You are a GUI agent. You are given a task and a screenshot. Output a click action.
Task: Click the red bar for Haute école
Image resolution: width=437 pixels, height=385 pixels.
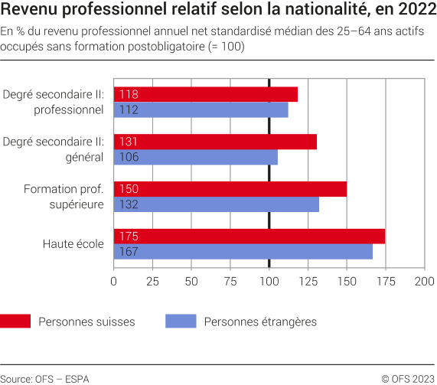[249, 237]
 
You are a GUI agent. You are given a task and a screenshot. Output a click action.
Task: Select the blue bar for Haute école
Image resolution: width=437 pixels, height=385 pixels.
[243, 252]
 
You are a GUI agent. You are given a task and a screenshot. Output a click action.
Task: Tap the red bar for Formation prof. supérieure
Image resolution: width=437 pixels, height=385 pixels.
[230, 189]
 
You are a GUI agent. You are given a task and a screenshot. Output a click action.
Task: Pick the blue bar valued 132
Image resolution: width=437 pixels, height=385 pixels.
[217, 205]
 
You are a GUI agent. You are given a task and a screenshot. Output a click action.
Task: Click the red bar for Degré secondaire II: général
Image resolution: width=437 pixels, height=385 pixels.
[215, 142]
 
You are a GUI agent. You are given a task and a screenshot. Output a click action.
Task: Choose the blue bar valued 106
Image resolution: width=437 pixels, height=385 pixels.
[196, 158]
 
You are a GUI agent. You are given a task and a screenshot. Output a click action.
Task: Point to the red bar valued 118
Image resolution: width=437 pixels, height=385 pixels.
[206, 94]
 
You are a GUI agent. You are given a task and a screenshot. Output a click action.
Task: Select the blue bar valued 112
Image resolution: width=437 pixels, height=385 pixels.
[201, 110]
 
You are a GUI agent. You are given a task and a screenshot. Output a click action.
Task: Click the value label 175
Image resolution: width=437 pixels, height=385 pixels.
[129, 237]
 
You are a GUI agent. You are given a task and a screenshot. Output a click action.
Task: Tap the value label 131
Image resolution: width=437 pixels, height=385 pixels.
[128, 142]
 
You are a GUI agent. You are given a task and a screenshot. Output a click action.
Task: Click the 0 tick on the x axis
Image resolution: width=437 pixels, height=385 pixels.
[114, 282]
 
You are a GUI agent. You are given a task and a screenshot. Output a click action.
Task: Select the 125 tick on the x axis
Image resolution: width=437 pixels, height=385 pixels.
[308, 282]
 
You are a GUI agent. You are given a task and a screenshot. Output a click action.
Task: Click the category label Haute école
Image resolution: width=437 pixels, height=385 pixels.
[73, 244]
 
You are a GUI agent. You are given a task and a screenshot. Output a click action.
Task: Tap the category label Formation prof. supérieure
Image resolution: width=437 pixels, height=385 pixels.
[64, 197]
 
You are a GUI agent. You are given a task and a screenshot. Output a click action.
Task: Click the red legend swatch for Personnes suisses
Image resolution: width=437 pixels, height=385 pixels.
[15, 321]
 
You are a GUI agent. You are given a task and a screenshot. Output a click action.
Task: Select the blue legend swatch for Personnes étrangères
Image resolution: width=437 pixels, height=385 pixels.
[181, 321]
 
